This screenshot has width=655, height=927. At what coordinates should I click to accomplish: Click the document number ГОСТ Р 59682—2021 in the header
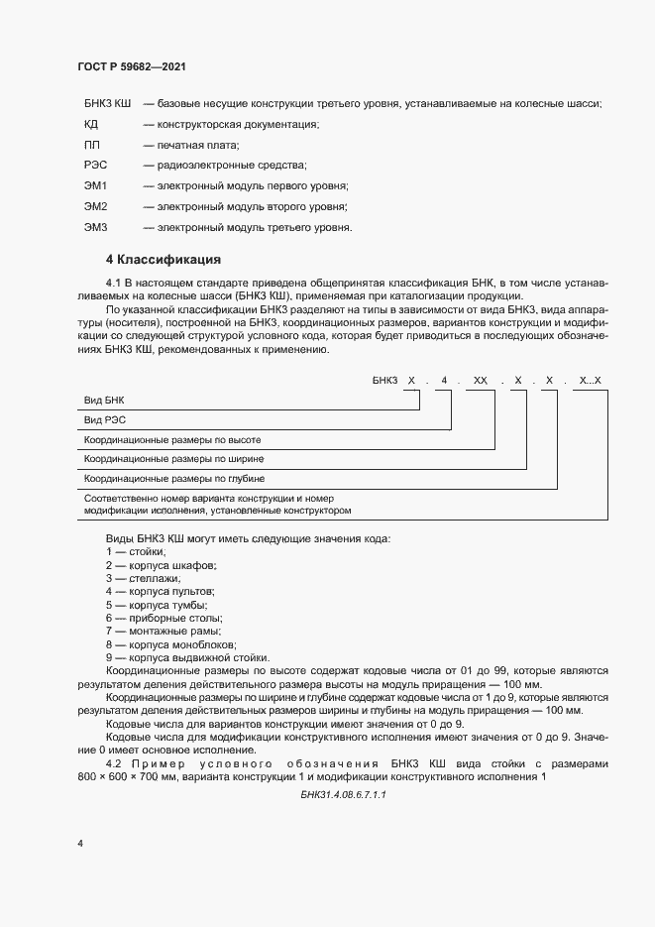(x=131, y=66)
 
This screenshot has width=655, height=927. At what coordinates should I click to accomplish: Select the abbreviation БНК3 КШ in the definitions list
(x=108, y=103)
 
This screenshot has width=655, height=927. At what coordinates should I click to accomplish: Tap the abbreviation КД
(x=91, y=124)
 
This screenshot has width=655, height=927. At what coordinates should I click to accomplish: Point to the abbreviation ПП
(x=92, y=145)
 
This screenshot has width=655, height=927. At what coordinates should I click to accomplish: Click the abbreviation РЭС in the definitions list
(x=96, y=165)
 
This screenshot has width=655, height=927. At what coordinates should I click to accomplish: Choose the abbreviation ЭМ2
(x=96, y=206)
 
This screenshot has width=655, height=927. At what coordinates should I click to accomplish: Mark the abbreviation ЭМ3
(x=96, y=227)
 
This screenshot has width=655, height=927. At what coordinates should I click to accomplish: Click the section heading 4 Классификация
(x=163, y=261)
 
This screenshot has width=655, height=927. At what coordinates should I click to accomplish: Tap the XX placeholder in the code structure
(x=481, y=381)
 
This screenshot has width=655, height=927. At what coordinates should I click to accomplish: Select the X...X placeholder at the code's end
(x=590, y=381)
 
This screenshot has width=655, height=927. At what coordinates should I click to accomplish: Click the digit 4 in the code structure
(x=445, y=381)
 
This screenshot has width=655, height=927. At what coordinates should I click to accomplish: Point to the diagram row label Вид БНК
(x=104, y=399)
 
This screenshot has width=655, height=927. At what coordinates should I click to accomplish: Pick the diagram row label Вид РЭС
(x=104, y=419)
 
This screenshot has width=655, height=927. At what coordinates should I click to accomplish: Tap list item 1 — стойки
(x=136, y=550)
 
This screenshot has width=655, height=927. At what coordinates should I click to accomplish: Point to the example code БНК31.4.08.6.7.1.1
(x=342, y=795)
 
